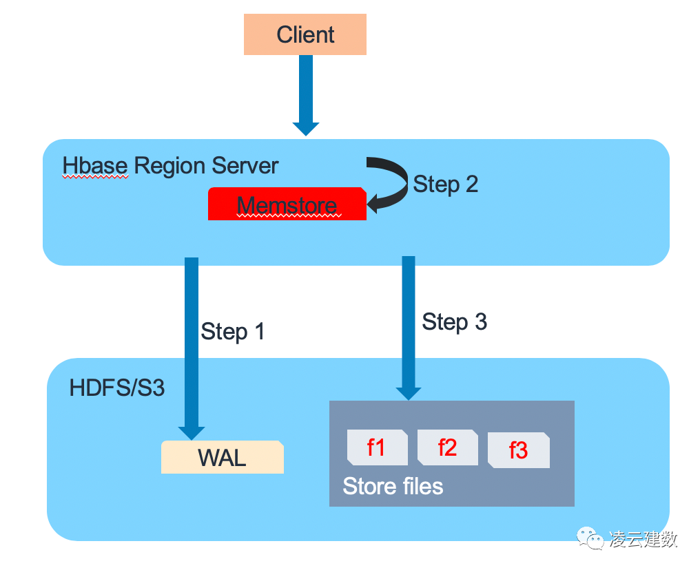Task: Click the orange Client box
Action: point(305,35)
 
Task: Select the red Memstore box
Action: point(287,204)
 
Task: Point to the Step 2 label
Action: point(445,184)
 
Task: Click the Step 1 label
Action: point(232,332)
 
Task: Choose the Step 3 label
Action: point(454,321)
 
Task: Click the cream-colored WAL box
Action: point(222,457)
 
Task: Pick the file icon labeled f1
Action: point(376,447)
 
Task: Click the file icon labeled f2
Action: point(447,447)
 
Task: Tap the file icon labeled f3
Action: point(518,450)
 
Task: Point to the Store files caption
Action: point(393,487)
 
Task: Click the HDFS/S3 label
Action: point(117,388)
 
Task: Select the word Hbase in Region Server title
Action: point(96,166)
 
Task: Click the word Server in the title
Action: point(245,166)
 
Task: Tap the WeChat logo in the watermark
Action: point(589,537)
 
